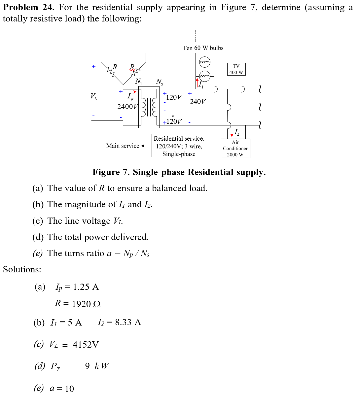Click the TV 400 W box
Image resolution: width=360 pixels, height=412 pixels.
tap(236, 69)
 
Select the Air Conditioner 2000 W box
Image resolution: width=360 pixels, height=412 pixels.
tap(235, 148)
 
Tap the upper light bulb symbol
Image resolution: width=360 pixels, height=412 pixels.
tap(205, 62)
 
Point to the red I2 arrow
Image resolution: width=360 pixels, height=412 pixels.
tap(232, 133)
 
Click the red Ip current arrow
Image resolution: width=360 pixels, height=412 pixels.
tap(130, 92)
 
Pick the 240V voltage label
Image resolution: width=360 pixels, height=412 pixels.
tap(198, 102)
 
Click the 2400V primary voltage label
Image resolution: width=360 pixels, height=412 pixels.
tap(127, 107)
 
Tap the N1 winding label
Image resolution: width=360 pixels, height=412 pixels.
tap(139, 81)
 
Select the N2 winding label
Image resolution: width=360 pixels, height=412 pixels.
tap(159, 82)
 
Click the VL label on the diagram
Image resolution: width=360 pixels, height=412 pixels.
tap(94, 96)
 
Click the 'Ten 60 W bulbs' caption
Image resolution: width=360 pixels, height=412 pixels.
tap(203, 48)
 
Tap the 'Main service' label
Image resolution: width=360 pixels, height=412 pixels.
tap(123, 146)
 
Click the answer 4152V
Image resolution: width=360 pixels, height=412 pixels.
tap(86, 345)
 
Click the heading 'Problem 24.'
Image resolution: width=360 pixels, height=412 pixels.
tap(28, 7)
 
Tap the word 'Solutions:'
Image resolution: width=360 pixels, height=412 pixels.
tap(22, 269)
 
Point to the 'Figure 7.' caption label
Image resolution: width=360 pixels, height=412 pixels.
tap(111, 172)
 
